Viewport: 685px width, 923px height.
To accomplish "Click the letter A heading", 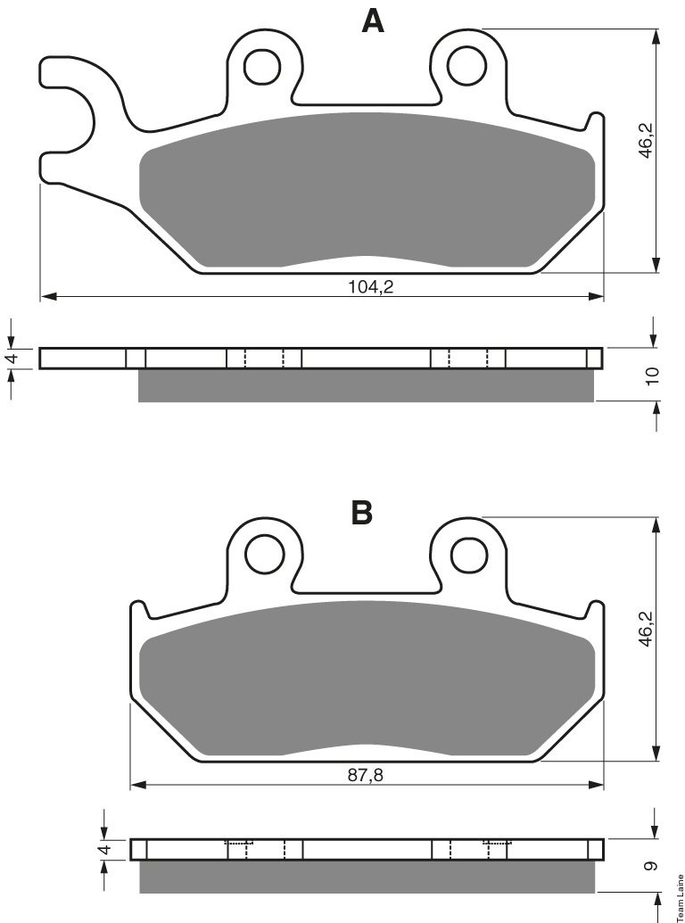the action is (x=373, y=21).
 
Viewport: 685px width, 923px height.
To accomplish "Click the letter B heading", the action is (x=362, y=512).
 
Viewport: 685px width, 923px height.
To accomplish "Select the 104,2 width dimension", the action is (x=371, y=286).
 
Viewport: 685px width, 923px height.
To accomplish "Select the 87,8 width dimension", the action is (x=365, y=775).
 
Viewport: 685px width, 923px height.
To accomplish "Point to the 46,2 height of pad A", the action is (x=647, y=140).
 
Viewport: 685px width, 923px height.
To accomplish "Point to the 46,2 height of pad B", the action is (x=647, y=629).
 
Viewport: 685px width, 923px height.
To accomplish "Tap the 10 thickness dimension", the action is (x=652, y=375).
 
